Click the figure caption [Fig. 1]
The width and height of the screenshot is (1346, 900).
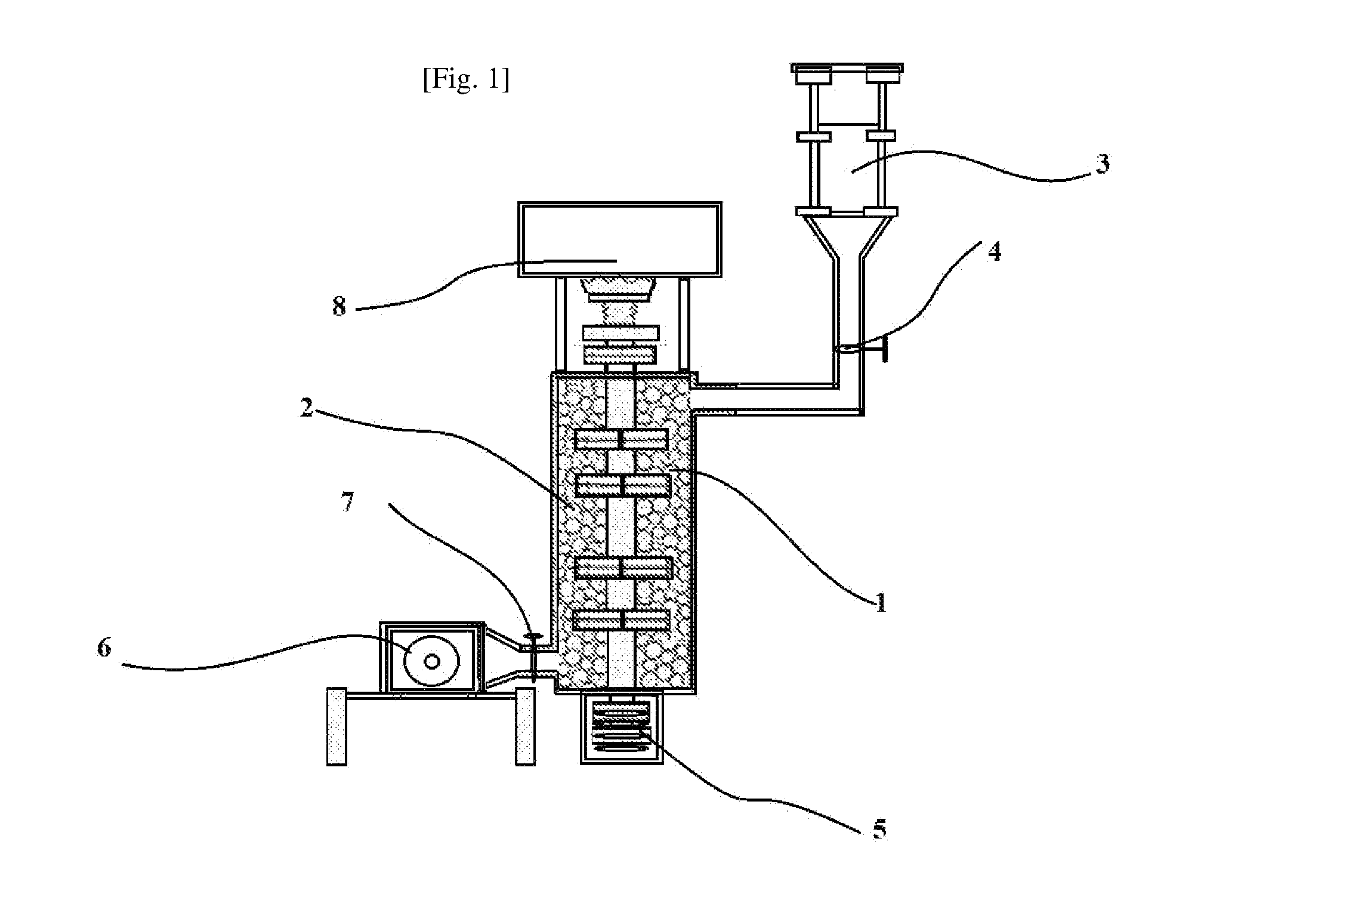click(466, 80)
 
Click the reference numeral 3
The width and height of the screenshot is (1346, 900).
click(1103, 163)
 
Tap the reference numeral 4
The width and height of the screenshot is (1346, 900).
click(994, 252)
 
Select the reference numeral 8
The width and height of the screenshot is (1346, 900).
click(339, 306)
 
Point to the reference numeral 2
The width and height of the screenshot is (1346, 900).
click(307, 408)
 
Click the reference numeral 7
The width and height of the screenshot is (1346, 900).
click(347, 502)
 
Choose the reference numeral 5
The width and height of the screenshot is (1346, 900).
click(879, 829)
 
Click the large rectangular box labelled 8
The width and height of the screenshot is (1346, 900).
click(619, 239)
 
